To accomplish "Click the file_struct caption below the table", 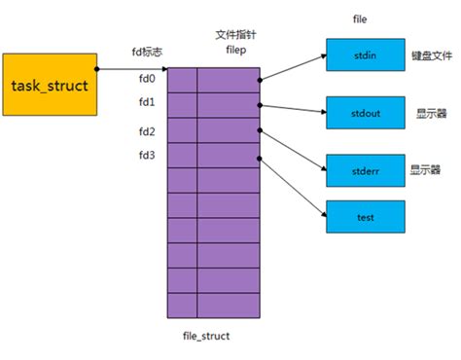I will point(205,335).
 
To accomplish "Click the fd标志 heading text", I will point(147,52).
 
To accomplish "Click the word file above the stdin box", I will point(361,18).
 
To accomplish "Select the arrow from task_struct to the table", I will point(132,69).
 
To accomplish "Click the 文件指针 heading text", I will point(228,35).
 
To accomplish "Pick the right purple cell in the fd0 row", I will point(229,80).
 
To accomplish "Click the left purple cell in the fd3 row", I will point(182,156).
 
